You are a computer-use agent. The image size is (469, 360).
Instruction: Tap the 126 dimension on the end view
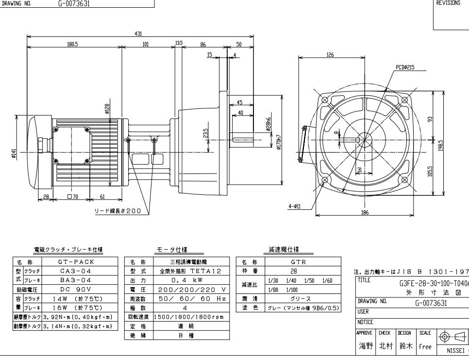330,55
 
